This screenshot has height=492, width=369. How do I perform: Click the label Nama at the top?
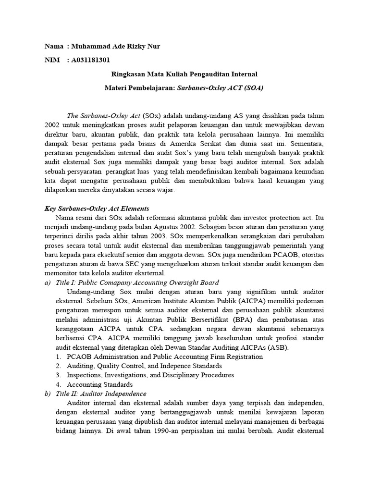point(53,46)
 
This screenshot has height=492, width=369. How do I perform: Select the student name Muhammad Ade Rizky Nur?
point(115,46)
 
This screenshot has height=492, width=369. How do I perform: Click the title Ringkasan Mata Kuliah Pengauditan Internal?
point(184,74)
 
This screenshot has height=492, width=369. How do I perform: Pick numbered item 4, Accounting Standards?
point(99,385)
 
